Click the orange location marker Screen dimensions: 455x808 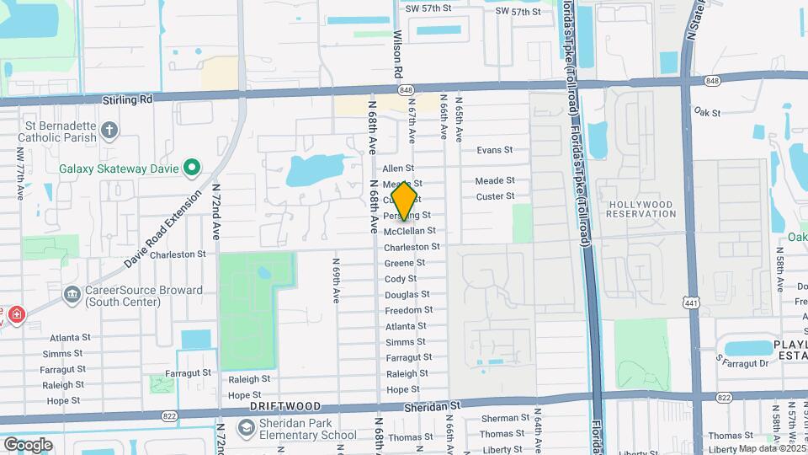[x=405, y=201]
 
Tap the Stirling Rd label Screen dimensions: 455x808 [x=127, y=99]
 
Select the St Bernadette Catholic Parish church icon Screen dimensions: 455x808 [x=109, y=130]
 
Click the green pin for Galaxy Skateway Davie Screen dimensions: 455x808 [x=191, y=168]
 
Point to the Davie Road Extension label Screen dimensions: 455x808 [x=164, y=228]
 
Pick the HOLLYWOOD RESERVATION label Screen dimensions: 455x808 [x=641, y=209]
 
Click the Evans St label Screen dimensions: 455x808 [x=494, y=150]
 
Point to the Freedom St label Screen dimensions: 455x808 [x=409, y=310]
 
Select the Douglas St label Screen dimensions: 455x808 [x=407, y=295]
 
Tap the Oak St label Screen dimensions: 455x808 [x=704, y=111]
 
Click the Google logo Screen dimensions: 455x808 [x=28, y=444]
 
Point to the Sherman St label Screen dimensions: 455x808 [x=506, y=419]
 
